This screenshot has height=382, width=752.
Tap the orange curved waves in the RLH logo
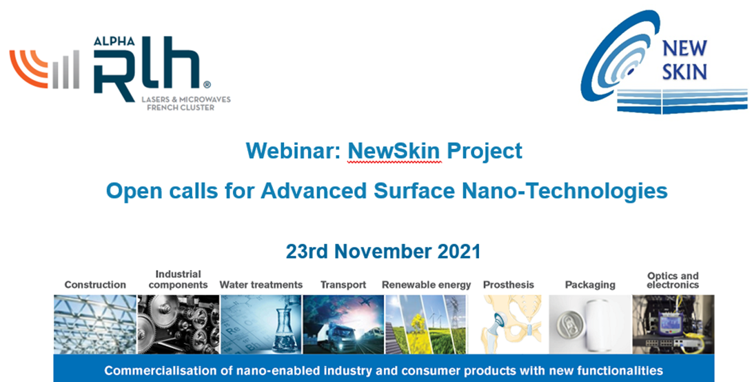tap(28, 68)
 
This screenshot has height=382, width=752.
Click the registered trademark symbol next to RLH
tap(207, 84)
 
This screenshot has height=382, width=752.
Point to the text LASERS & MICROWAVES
tap(186, 99)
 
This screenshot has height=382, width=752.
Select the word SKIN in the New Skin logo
tap(684, 72)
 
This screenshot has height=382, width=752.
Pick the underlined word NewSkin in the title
tap(394, 151)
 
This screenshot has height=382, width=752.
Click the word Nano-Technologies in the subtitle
tap(565, 191)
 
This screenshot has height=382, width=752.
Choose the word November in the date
tap(383, 252)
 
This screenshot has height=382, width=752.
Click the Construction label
tap(95, 285)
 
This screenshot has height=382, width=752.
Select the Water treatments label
tap(261, 285)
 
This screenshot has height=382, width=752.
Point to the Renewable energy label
tap(427, 285)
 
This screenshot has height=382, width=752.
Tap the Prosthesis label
tap(509, 285)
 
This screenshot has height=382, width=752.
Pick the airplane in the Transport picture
tap(365, 302)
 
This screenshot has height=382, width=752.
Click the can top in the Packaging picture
tap(569, 325)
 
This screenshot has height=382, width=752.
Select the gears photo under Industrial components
tap(179, 324)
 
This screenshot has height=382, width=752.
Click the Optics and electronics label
tap(673, 280)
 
